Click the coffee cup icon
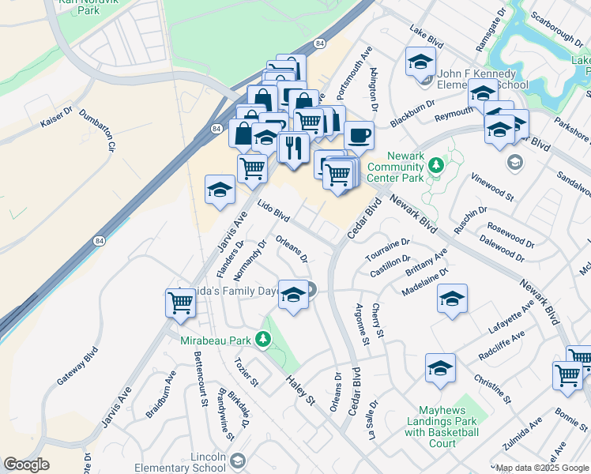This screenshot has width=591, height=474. click(359, 135)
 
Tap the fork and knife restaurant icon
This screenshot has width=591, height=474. click(293, 147)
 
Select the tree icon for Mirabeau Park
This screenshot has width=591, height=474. click(262, 340)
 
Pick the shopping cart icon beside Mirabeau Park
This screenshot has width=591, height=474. click(181, 302)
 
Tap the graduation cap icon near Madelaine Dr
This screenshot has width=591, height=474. click(452, 299)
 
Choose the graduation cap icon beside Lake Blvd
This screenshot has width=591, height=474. click(420, 61)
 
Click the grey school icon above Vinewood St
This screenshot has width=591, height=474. click(515, 163)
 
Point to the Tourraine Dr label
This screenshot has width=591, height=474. click(388, 249)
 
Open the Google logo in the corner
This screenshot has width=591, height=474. click(26, 465)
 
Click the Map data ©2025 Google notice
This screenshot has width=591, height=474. click(542, 468)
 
